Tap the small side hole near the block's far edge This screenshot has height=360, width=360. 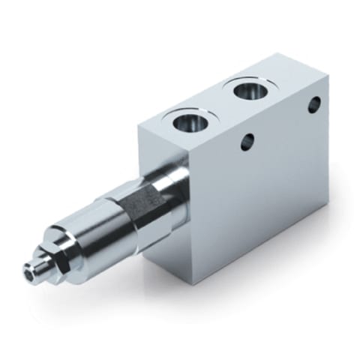314,104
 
